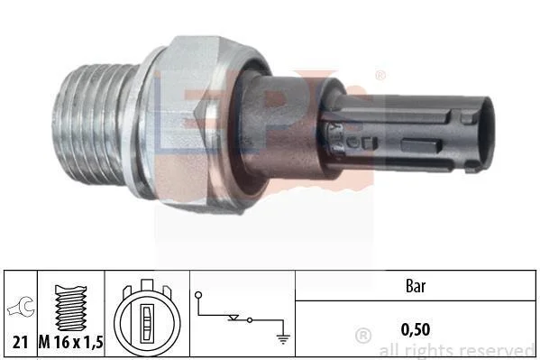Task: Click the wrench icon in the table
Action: [x=22, y=307]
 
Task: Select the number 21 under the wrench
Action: [x=20, y=343]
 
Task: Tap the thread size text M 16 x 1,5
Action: [x=71, y=343]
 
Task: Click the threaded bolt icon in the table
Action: [x=70, y=308]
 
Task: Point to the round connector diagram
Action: [x=147, y=318]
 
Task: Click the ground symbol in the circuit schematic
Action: [x=283, y=339]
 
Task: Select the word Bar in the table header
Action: [x=416, y=286]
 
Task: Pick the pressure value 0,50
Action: [x=416, y=329]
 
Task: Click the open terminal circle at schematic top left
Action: [x=198, y=295]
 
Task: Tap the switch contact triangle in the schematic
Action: [x=233, y=318]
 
